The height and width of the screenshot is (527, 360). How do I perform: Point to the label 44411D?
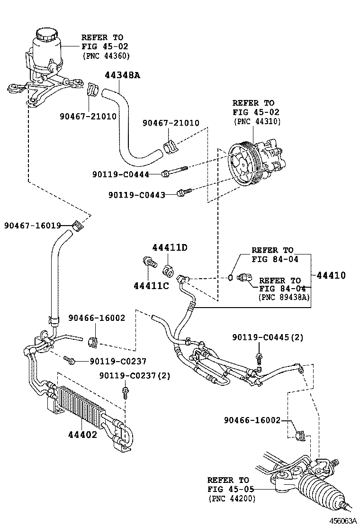pyautogui.click(x=170, y=247)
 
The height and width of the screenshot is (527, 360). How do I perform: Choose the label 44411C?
pyautogui.click(x=151, y=286)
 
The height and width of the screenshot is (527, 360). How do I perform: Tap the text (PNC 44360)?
pyautogui.click(x=106, y=55)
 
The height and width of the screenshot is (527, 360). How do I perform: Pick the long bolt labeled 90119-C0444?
pyautogui.click(x=175, y=171)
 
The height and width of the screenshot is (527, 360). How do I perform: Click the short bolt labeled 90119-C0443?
pyautogui.click(x=183, y=192)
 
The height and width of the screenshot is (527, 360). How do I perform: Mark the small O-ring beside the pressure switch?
pyautogui.click(x=230, y=277)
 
